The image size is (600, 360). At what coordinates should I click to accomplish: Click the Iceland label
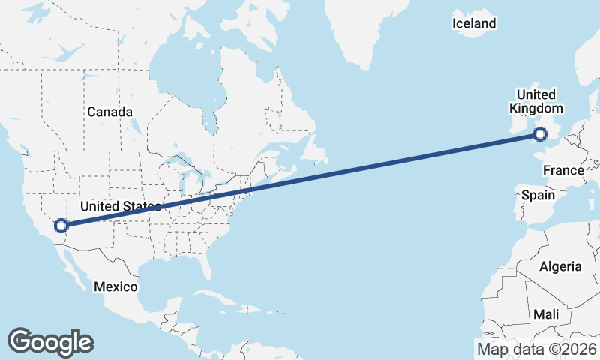click(x=474, y=23)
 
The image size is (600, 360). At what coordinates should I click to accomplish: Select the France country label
click(x=563, y=170)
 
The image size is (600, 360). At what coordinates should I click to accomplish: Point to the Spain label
click(x=538, y=195)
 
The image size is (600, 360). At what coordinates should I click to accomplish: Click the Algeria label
click(x=560, y=266)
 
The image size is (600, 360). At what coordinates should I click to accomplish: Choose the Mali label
click(x=546, y=313)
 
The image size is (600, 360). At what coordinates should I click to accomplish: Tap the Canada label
click(x=109, y=112)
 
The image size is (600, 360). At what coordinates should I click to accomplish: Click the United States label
click(x=120, y=206)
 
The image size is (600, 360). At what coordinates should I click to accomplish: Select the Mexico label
click(x=115, y=286)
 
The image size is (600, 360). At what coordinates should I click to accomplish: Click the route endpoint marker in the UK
click(x=539, y=135)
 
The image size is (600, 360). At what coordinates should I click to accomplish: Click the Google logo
click(x=50, y=341)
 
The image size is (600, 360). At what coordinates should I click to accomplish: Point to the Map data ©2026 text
click(x=536, y=349)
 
